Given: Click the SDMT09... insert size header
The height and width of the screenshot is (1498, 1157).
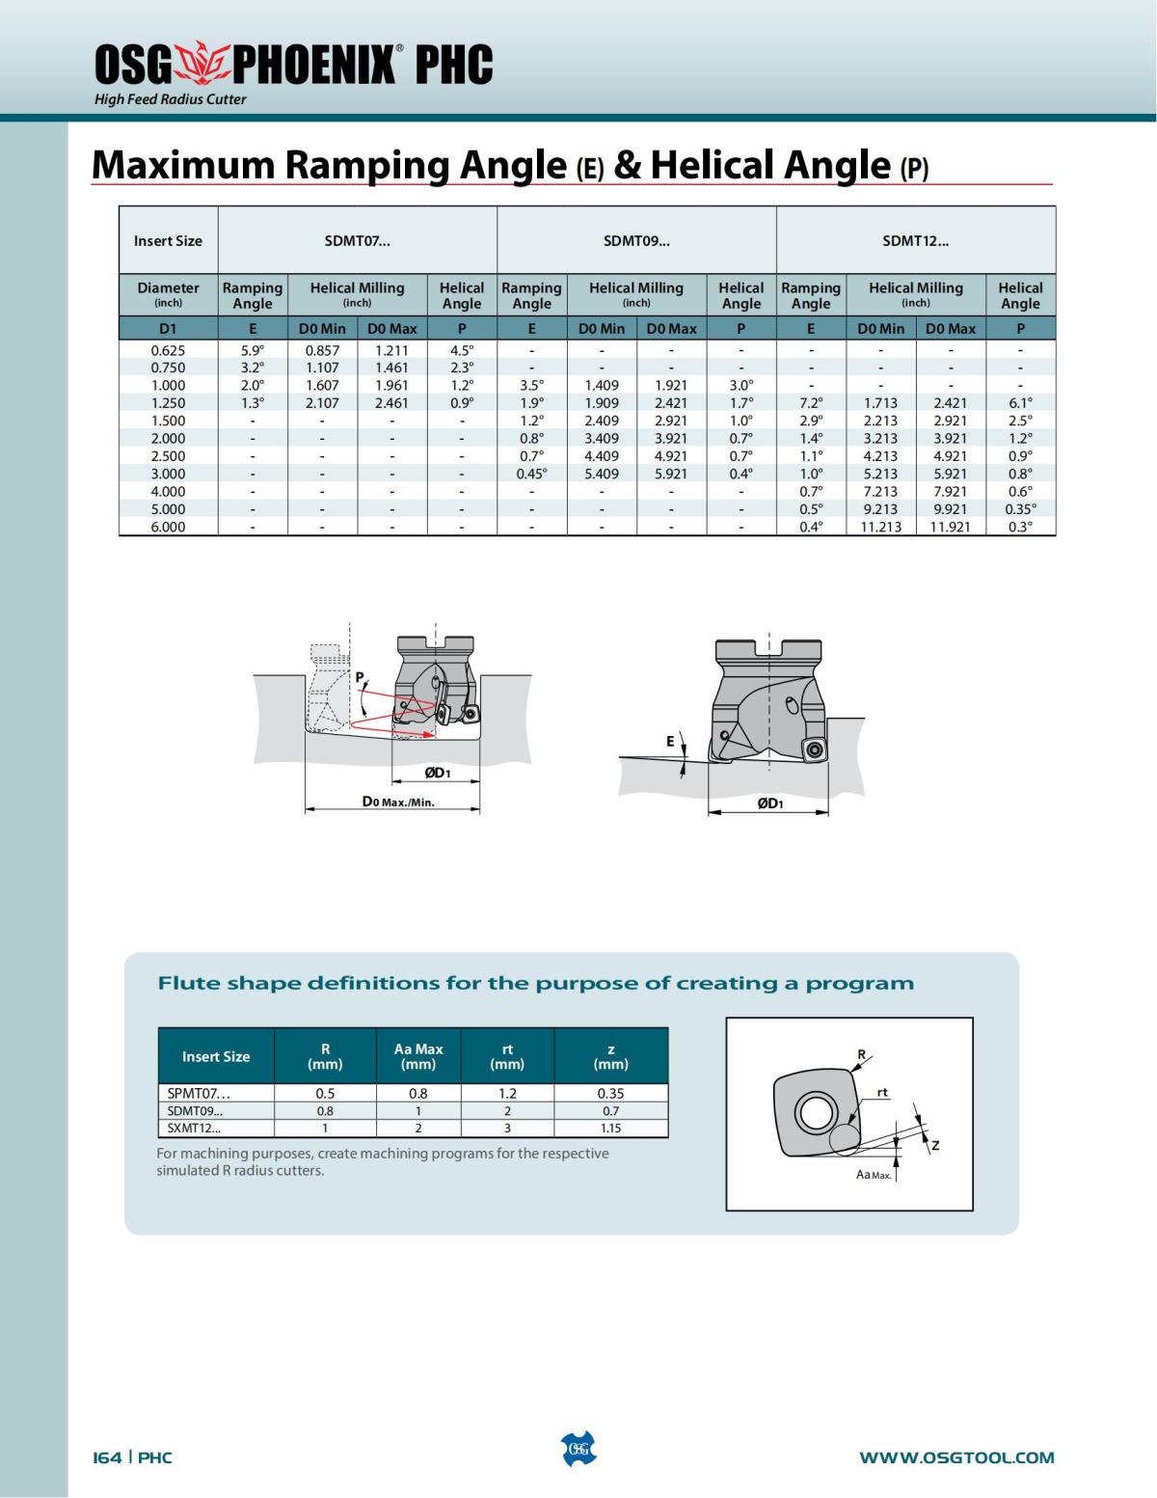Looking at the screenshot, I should [x=636, y=241].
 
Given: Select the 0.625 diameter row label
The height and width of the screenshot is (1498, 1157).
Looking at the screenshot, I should [x=168, y=350].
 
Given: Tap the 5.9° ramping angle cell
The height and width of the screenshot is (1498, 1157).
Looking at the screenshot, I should [x=253, y=350].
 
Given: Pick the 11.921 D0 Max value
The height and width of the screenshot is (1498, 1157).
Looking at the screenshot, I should [x=950, y=527].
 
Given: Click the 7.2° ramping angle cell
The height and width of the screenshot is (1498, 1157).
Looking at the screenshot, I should [x=811, y=403].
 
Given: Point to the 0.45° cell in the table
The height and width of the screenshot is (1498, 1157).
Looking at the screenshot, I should [x=531, y=474].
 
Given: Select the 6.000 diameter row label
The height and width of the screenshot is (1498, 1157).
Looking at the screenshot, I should [x=168, y=527].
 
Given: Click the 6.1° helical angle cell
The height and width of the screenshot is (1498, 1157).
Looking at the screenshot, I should [x=1020, y=403].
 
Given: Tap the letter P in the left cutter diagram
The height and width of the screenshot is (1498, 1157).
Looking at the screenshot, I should [x=360, y=677].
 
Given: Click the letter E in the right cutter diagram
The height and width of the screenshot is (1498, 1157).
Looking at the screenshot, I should [x=670, y=742].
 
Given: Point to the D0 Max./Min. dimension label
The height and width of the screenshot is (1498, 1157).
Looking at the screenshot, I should [x=398, y=802].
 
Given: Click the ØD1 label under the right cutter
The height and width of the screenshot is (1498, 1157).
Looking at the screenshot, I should [x=769, y=803].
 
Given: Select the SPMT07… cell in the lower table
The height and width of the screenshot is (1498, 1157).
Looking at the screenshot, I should [x=199, y=1094].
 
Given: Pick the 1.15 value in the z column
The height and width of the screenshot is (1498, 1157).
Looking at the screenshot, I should [x=610, y=1128].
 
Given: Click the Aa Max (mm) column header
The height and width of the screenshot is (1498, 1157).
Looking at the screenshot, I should [x=418, y=1056].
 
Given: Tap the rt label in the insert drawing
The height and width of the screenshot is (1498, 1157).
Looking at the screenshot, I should [x=882, y=1093].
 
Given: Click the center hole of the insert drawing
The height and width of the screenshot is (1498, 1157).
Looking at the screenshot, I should [x=816, y=1114].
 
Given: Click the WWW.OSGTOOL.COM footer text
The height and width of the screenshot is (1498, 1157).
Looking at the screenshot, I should [x=956, y=1457].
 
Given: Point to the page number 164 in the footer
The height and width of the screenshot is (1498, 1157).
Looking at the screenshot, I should [x=107, y=1457].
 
